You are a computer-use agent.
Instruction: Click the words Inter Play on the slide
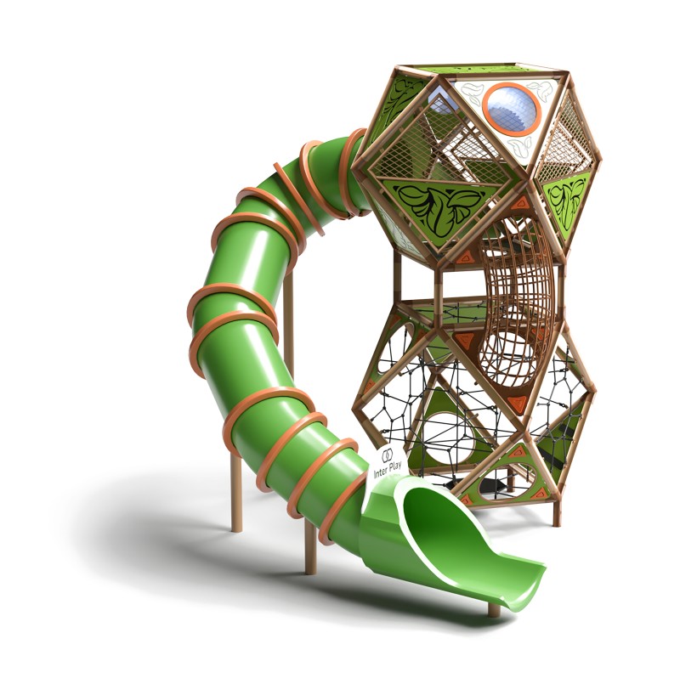click(388, 468)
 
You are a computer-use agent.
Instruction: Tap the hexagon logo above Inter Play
click(387, 455)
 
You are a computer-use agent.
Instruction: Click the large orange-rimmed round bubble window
click(512, 110)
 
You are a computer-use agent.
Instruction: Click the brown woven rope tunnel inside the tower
click(514, 303)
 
